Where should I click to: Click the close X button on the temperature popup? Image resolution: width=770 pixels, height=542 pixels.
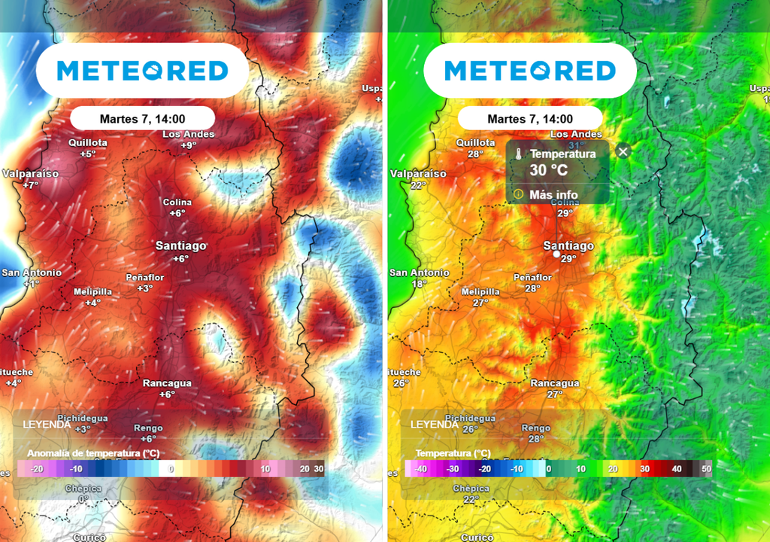(623, 151)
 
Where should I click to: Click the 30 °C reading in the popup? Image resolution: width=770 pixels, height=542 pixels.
(549, 170)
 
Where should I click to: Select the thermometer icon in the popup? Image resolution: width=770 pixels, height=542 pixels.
(518, 154)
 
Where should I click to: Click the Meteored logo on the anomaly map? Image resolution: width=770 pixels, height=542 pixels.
(142, 71)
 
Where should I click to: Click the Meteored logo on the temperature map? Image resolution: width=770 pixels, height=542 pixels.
(530, 71)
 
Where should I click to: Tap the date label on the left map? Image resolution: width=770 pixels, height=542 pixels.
(142, 119)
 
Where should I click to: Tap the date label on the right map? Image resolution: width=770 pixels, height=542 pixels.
(530, 119)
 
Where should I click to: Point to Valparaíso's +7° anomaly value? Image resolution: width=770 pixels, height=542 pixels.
(30, 184)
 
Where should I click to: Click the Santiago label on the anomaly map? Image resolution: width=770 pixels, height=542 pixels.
(180, 245)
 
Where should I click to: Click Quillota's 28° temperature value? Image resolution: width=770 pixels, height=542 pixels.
(475, 154)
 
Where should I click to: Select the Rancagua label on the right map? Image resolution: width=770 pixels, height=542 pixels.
(555, 383)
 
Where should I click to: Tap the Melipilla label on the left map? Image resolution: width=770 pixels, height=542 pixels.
(92, 292)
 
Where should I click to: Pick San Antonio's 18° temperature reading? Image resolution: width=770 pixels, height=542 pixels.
(419, 284)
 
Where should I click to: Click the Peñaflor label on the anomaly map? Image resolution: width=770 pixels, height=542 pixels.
(144, 277)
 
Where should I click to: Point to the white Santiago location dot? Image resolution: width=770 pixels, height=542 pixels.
(556, 254)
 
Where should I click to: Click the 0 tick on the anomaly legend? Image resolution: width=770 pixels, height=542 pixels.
(171, 468)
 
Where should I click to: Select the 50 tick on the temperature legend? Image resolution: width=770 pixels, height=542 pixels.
(706, 468)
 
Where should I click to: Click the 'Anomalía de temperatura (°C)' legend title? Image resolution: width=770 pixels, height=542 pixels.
(93, 453)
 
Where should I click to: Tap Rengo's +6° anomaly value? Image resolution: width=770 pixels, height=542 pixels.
(148, 439)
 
